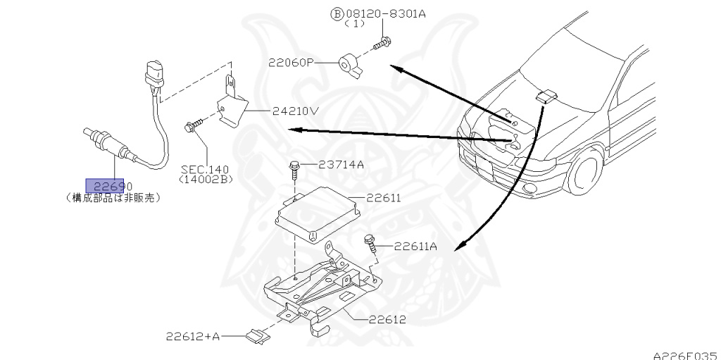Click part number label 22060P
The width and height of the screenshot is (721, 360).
[290, 63]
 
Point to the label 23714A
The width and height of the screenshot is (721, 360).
[341, 165]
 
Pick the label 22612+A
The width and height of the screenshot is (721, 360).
[193, 337]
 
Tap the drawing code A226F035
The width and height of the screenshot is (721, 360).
[684, 354]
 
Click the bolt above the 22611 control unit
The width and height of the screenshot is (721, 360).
[294, 171]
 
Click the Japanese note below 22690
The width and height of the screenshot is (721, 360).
[113, 198]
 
